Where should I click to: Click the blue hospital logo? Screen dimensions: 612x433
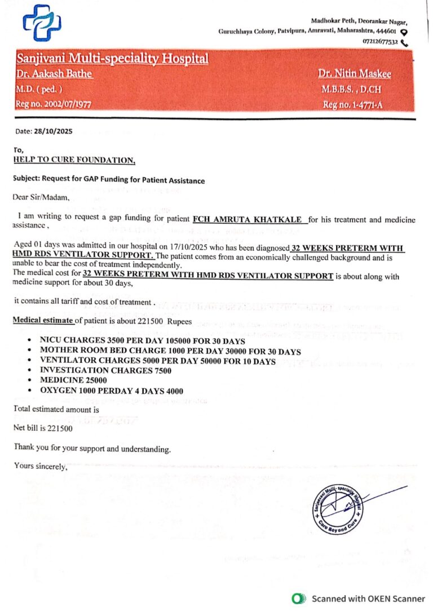42,23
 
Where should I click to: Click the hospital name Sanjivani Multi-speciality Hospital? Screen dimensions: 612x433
112,59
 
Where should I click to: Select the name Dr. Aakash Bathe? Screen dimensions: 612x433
54,74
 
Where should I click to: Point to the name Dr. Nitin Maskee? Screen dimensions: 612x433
354,74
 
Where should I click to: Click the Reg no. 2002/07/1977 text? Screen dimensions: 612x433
54,104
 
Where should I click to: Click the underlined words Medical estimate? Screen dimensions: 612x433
43,321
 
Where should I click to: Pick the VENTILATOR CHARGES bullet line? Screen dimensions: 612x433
157,361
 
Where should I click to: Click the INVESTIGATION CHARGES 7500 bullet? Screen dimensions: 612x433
105,370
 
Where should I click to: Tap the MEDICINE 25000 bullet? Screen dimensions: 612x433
74,380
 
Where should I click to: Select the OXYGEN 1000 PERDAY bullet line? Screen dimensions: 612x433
111,391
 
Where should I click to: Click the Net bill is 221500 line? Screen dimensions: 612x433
43,428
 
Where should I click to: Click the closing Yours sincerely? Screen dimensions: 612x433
41,467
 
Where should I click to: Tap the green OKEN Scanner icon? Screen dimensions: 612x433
297,598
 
